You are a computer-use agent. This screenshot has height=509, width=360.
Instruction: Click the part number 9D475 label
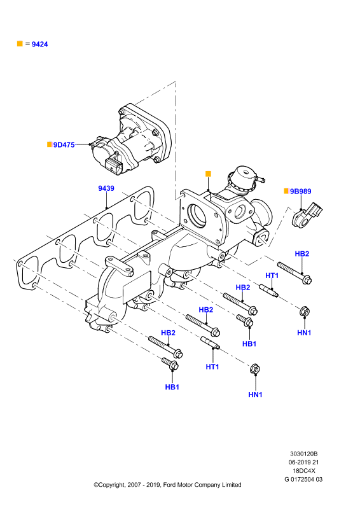pyautogui.click(x=64, y=145)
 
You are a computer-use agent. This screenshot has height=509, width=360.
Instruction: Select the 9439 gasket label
pyautogui.click(x=106, y=188)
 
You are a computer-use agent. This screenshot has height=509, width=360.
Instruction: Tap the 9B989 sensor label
pyautogui.click(x=301, y=192)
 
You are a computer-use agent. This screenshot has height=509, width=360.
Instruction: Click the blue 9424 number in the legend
pyautogui.click(x=39, y=44)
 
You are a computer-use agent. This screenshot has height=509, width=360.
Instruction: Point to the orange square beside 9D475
pyautogui.click(x=50, y=144)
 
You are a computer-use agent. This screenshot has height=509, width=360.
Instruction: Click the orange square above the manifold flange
pyautogui.click(x=209, y=174)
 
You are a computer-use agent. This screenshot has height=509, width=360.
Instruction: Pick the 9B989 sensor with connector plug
pyautogui.click(x=307, y=215)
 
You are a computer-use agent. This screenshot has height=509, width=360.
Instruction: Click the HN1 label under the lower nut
pyautogui.click(x=255, y=394)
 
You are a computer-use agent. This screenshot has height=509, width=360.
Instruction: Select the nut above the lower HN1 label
pyautogui.click(x=255, y=369)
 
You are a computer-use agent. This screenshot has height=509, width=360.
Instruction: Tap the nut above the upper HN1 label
pyautogui.click(x=305, y=311)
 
